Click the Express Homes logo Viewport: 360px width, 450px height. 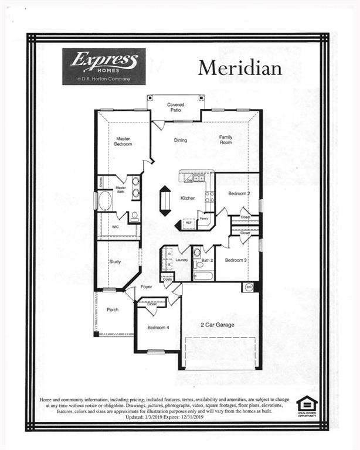pyautogui.click(x=104, y=66)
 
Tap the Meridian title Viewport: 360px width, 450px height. pyautogui.click(x=239, y=68)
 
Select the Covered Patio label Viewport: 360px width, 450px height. pyautogui.click(x=175, y=107)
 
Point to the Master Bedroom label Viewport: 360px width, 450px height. pyautogui.click(x=123, y=141)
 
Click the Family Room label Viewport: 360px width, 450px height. pyautogui.click(x=226, y=139)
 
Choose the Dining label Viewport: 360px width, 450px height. pyautogui.click(x=180, y=141)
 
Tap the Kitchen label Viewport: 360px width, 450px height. pyautogui.click(x=188, y=198)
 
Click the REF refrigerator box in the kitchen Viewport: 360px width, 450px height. pyautogui.click(x=189, y=223)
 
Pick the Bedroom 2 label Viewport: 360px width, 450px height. pyautogui.click(x=239, y=193)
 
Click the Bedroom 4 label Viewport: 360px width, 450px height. pyautogui.click(x=158, y=328)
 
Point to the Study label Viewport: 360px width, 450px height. pyautogui.click(x=115, y=262)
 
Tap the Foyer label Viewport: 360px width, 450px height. pyautogui.click(x=146, y=287)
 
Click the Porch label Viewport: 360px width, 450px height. pyautogui.click(x=113, y=309)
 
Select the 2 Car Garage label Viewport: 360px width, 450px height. pyautogui.click(x=219, y=324)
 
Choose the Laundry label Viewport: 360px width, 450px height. pyautogui.click(x=181, y=260)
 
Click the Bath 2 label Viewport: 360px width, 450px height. pyautogui.click(x=206, y=260)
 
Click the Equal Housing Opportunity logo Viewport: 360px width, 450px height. pyautogui.click(x=307, y=405)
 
